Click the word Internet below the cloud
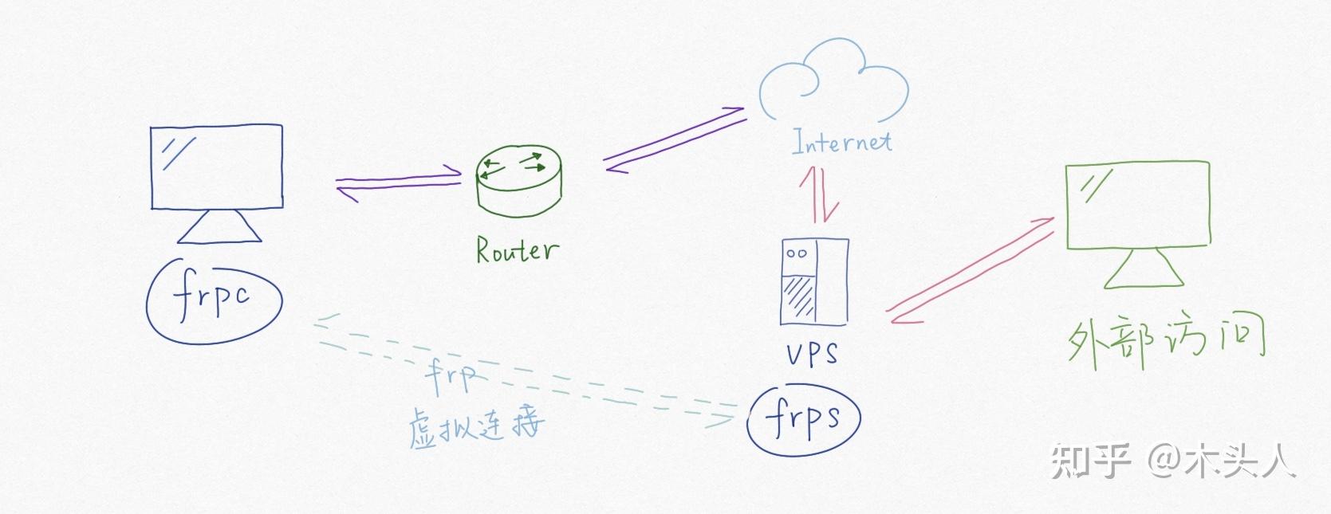(841, 142)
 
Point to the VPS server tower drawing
(812, 282)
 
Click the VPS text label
(812, 352)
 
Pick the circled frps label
(803, 418)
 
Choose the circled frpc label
(214, 300)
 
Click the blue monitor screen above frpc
(217, 166)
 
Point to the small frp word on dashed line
(451, 375)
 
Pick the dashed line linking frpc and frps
(550, 381)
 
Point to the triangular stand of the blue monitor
(219, 227)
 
